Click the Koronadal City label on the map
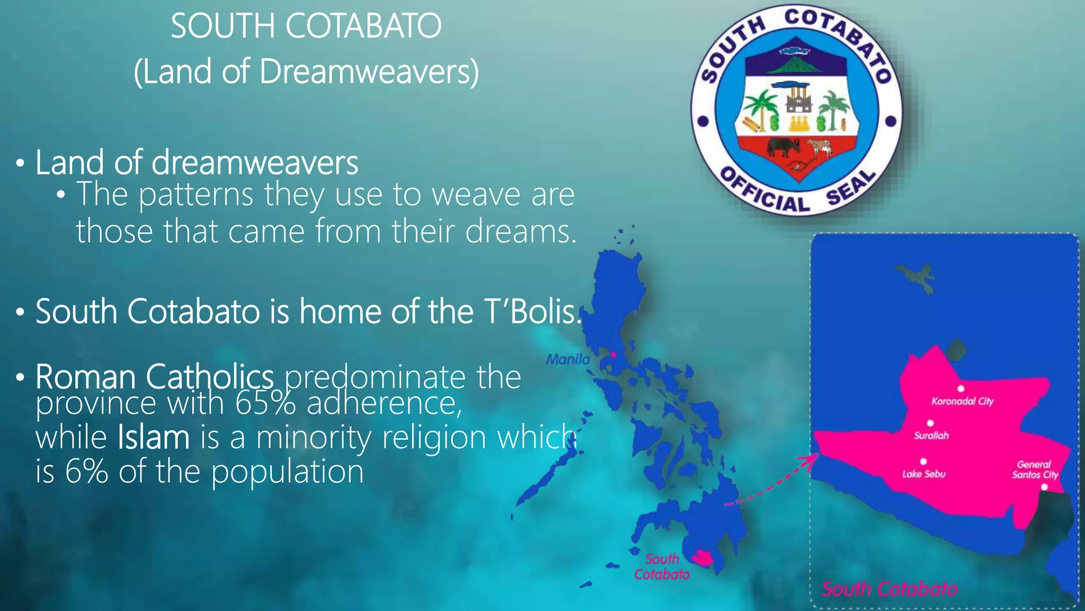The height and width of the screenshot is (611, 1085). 962,401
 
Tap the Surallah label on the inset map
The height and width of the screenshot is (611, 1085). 931,435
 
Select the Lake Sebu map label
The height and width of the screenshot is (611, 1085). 923,474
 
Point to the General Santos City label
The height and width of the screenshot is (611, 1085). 1034,469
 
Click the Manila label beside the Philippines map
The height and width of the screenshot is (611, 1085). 567,360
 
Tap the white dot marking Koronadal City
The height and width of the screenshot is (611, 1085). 961,389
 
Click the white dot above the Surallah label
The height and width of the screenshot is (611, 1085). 930,423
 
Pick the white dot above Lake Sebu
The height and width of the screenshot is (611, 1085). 923,461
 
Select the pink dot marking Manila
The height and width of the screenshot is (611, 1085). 613,354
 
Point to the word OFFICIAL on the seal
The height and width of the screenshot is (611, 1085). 765,192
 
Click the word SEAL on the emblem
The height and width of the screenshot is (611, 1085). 851,188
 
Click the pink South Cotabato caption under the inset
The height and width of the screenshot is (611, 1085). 889,589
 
